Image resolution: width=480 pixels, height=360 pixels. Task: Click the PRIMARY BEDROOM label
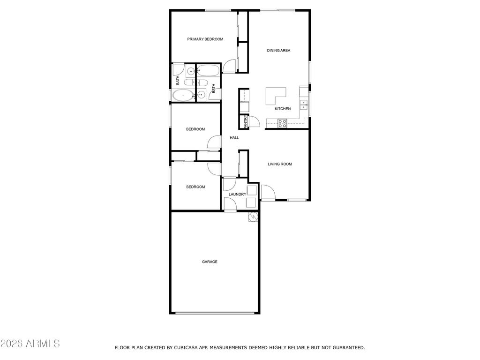[x=205, y=39]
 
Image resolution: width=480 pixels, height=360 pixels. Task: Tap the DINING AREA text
[x=278, y=50]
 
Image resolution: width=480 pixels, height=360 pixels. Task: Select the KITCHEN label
[x=283, y=109]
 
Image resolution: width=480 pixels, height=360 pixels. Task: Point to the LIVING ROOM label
[x=280, y=164]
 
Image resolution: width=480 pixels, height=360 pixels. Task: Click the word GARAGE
[x=210, y=262]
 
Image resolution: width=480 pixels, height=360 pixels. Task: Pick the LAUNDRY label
[x=237, y=194]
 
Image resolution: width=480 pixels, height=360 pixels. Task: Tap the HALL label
[x=234, y=138]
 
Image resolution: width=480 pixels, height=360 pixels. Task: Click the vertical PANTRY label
[x=246, y=122]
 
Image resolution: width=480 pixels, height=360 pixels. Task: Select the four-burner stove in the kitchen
[x=283, y=123]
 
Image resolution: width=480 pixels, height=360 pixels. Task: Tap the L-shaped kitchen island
[x=274, y=95]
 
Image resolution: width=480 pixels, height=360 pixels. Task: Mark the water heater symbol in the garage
[x=253, y=217]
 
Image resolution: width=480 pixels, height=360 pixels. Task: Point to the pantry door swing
[x=255, y=121]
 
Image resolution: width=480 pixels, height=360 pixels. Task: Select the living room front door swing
[x=268, y=192]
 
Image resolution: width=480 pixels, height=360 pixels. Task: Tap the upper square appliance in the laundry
[x=252, y=190]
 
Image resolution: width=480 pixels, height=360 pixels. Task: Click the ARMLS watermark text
[x=30, y=344]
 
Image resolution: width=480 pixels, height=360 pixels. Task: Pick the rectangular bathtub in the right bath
[x=208, y=71]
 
